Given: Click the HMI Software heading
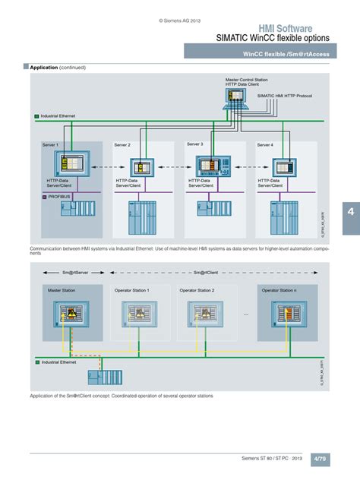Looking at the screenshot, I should click(289, 28).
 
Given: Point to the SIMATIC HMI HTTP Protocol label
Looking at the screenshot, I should click(285, 96).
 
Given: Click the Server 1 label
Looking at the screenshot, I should click(51, 144).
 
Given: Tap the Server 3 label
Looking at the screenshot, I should click(196, 144).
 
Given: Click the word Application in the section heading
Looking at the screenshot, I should click(44, 68).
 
